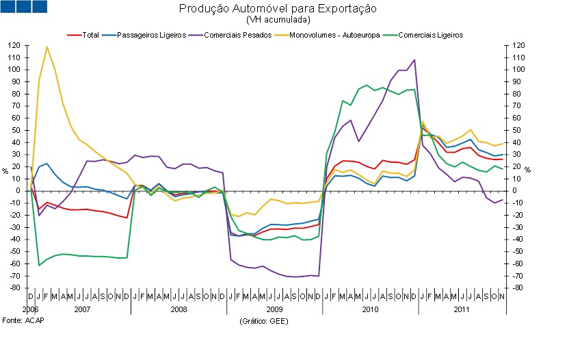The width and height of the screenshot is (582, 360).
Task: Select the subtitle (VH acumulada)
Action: (x=278, y=20)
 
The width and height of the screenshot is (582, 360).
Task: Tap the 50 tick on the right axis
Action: (x=518, y=131)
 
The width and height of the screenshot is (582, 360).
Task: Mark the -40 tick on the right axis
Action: (x=519, y=240)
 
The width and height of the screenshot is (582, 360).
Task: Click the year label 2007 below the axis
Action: (x=82, y=310)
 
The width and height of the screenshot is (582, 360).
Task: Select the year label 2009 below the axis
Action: (x=274, y=310)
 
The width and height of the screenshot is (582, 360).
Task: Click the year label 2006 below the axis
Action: (x=30, y=310)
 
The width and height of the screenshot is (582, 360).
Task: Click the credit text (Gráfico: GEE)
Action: (x=264, y=321)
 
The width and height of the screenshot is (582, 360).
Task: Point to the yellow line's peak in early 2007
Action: (x=47, y=47)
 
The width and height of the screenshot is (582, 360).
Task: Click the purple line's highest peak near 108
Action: (x=414, y=60)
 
